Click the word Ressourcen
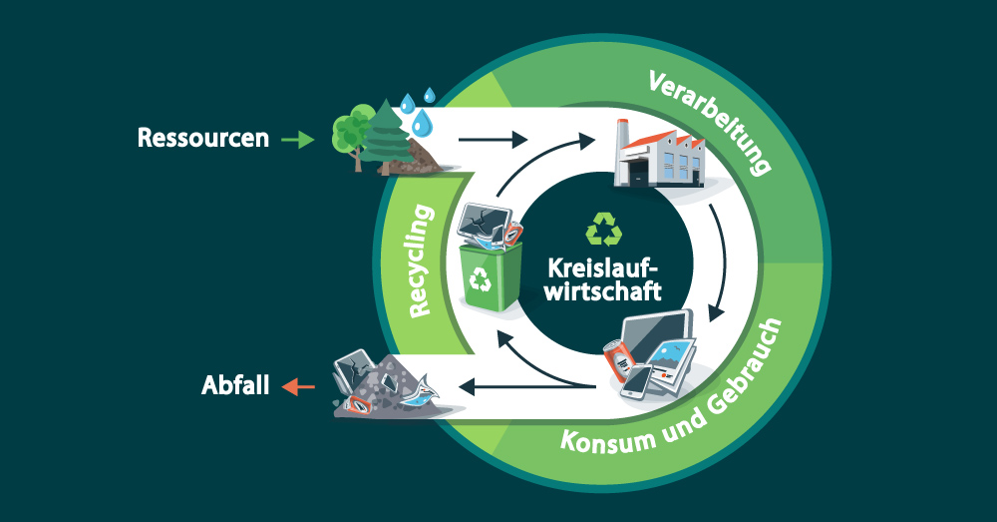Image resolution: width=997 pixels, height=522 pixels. [203, 138]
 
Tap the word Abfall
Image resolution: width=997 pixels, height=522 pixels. [235, 384]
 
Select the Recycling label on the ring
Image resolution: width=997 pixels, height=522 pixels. [423, 261]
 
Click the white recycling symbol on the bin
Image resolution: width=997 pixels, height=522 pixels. [481, 280]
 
